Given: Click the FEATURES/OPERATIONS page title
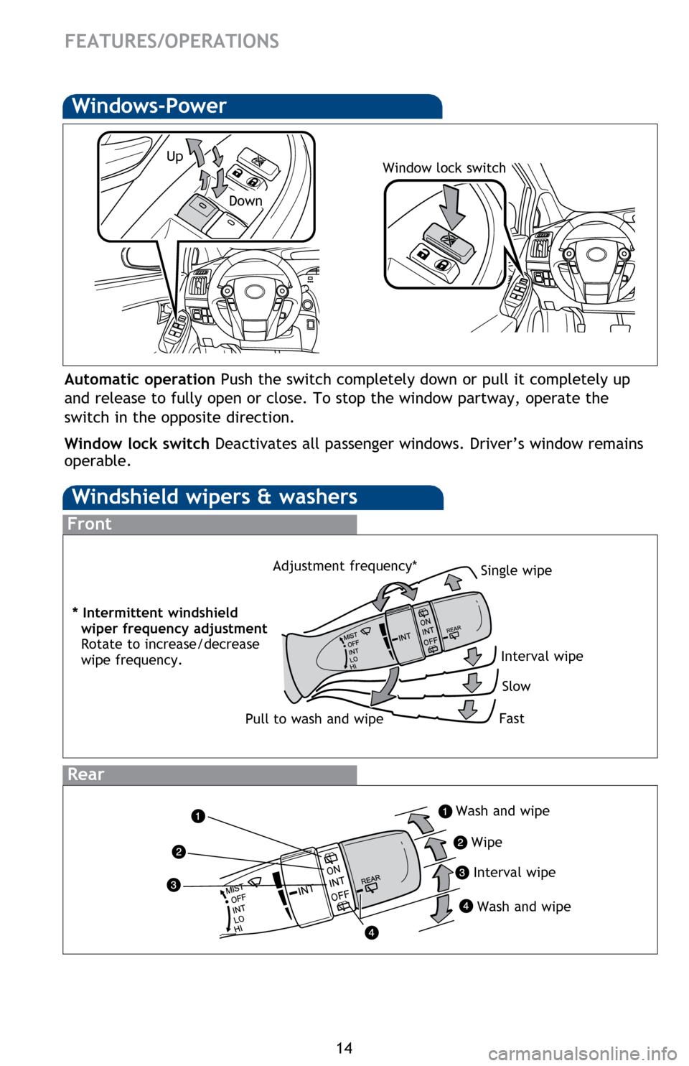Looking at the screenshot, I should click(x=172, y=41).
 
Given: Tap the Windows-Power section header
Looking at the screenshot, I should click(x=149, y=106).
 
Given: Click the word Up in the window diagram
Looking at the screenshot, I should click(x=174, y=156).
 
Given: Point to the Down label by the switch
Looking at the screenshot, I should click(x=245, y=201).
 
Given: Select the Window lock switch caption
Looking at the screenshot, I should click(x=444, y=168).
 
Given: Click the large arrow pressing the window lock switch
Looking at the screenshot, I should click(x=452, y=205).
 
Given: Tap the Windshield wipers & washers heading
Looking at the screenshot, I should click(x=215, y=497).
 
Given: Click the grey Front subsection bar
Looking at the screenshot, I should click(x=209, y=524).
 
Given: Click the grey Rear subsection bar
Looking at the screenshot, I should click(x=209, y=774).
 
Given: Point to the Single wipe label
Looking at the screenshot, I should click(x=516, y=570).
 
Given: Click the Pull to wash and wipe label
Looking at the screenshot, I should click(x=314, y=719).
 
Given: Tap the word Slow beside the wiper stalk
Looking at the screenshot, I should click(x=516, y=686).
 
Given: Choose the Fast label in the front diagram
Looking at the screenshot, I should click(x=511, y=718).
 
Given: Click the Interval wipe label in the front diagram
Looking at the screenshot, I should click(x=542, y=656).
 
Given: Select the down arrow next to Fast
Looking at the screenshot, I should click(x=468, y=710).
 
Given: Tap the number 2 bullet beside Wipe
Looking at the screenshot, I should click(x=460, y=843).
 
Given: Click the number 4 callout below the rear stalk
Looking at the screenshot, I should click(x=370, y=933).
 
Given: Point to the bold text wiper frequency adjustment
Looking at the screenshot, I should click(x=174, y=629).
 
